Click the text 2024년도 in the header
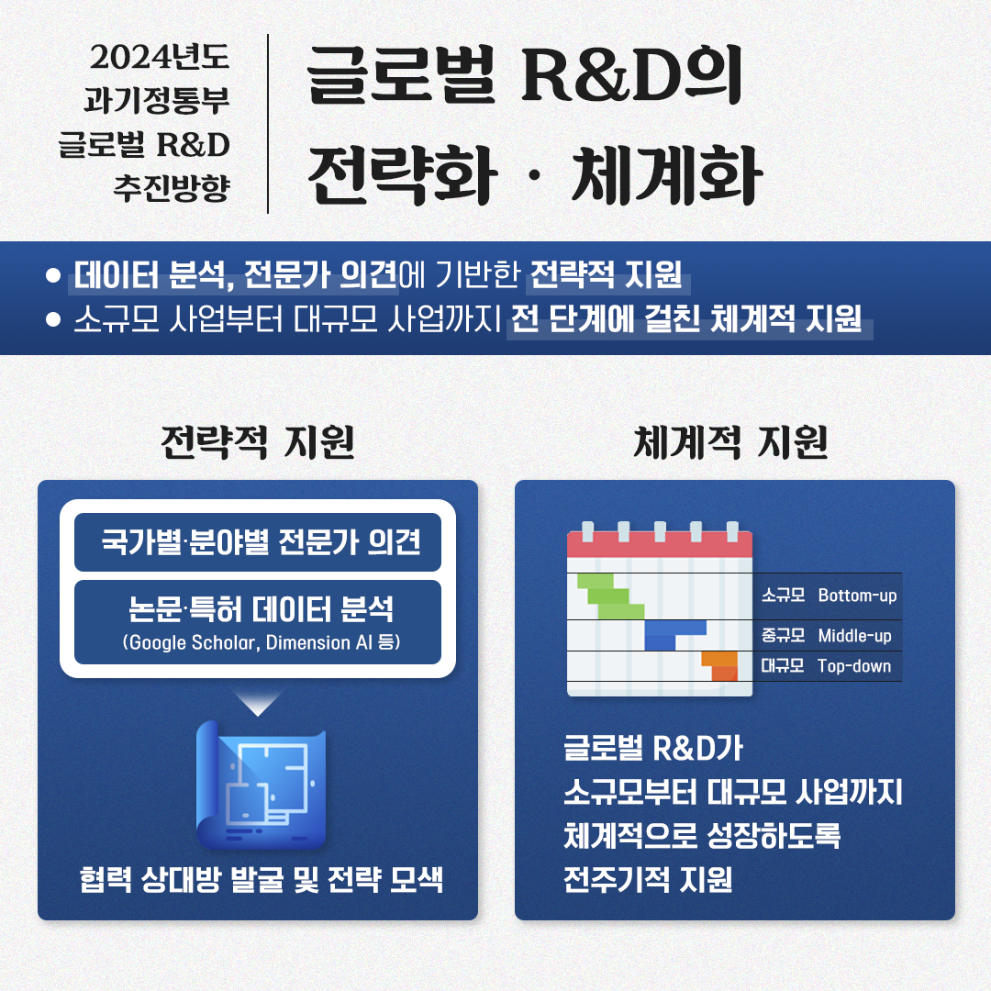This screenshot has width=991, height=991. tap(160, 57)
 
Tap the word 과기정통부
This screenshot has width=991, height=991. tap(157, 101)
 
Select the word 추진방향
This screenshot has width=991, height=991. tap(172, 188)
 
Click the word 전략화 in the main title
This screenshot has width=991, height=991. tap(403, 175)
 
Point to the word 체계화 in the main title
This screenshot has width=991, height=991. tap(667, 175)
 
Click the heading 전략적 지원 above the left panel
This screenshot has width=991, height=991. tap(258, 441)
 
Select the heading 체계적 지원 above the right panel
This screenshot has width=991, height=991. tap(730, 441)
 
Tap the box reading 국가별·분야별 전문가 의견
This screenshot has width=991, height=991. tap(258, 542)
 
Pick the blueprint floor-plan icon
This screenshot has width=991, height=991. tap(261, 785)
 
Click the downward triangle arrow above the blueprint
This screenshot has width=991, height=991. tap(257, 703)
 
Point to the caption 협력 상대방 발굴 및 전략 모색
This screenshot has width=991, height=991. tap(261, 879)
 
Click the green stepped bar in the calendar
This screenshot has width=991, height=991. tap(610, 596)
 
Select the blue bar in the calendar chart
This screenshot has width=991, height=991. tap(674, 635)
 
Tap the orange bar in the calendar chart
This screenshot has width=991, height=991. tap(720, 666)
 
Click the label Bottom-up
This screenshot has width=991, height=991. tap(858, 596)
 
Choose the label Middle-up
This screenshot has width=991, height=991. tap(855, 635)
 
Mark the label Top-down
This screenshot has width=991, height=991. tap(854, 666)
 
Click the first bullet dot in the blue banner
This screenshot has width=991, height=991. tap(53, 275)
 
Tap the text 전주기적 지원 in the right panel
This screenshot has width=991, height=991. tap(648, 879)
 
